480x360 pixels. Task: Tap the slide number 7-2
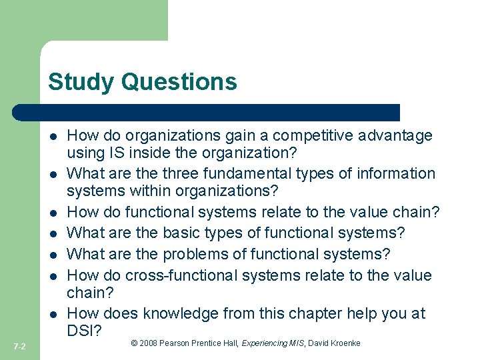pos(19,346)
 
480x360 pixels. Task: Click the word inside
pos(141,153)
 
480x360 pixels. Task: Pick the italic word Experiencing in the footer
pos(265,343)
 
